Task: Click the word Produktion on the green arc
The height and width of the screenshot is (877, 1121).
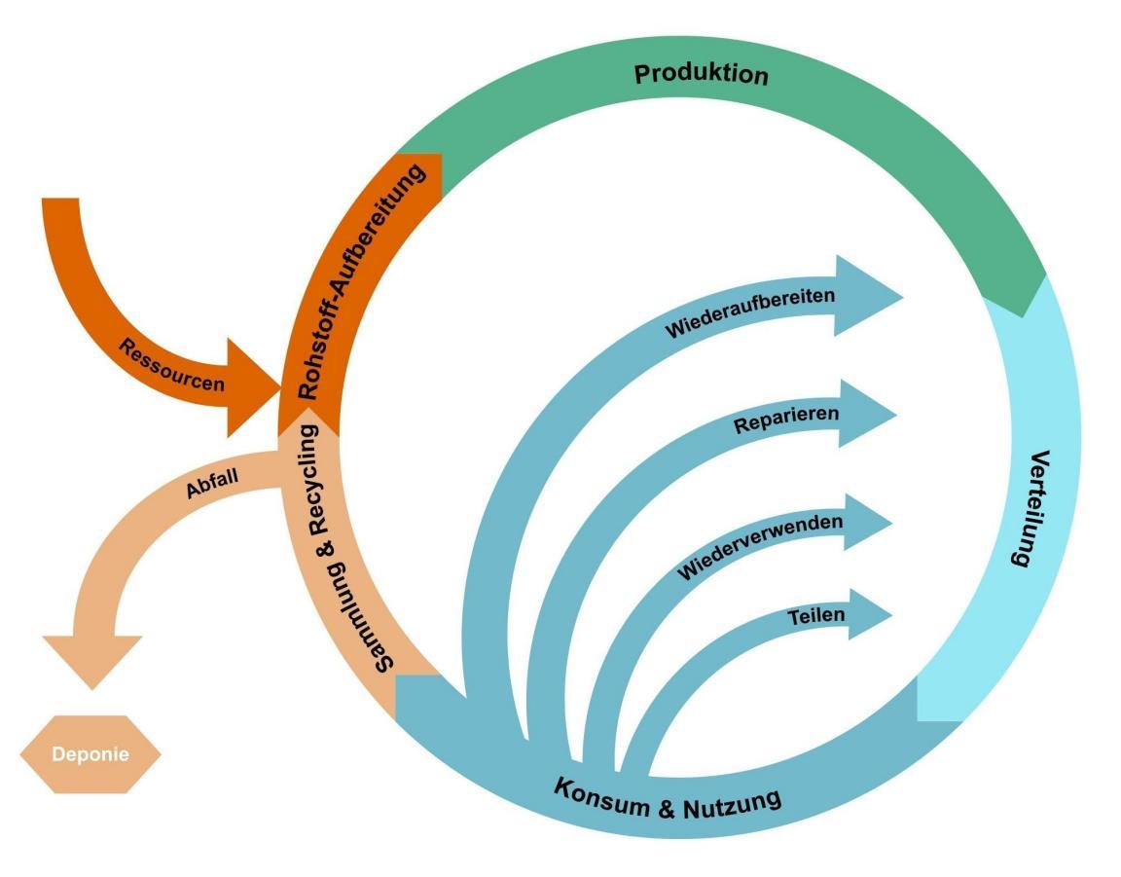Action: coord(701,74)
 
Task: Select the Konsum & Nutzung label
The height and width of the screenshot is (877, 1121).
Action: coord(668,796)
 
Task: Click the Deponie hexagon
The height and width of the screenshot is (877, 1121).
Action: coord(90,754)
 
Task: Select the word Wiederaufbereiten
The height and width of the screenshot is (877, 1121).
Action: coord(749,312)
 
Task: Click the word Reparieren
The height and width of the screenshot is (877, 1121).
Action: coord(786,420)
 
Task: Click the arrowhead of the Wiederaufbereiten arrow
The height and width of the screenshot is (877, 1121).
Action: coord(869,296)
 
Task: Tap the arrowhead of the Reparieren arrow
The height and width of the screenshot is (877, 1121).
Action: coord(866,414)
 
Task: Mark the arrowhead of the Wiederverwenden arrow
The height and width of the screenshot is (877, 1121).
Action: coord(866,523)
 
